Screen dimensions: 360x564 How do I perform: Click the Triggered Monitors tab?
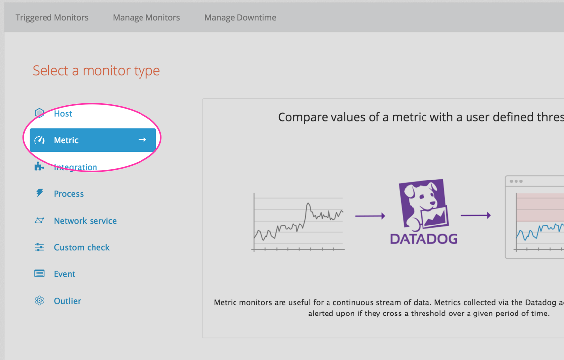(x=52, y=18)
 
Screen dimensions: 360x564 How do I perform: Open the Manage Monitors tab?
(x=146, y=18)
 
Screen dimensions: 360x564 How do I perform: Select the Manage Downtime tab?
(x=240, y=18)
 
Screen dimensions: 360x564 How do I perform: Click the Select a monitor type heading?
(x=96, y=71)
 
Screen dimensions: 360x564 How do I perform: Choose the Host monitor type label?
(x=63, y=114)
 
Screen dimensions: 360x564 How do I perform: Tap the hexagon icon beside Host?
(x=39, y=113)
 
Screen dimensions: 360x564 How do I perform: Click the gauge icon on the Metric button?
(x=39, y=140)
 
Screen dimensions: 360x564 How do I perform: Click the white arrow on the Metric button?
(x=142, y=140)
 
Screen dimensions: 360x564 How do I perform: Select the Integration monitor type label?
(x=76, y=167)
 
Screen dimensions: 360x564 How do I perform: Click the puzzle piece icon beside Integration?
(x=39, y=167)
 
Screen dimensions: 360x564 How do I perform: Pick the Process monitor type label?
(x=69, y=194)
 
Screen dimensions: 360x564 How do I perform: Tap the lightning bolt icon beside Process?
(x=39, y=193)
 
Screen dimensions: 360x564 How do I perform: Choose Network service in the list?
(x=85, y=221)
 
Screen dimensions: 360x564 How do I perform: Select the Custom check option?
(x=82, y=247)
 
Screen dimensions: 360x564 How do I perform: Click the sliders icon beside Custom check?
(x=39, y=247)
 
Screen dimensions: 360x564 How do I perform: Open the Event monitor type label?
(x=64, y=274)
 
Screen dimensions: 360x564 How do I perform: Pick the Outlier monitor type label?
(x=67, y=301)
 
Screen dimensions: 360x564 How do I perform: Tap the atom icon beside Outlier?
(x=39, y=301)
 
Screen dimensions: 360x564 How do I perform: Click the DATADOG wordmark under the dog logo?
(x=423, y=239)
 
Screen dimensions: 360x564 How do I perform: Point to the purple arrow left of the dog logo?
(x=370, y=216)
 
